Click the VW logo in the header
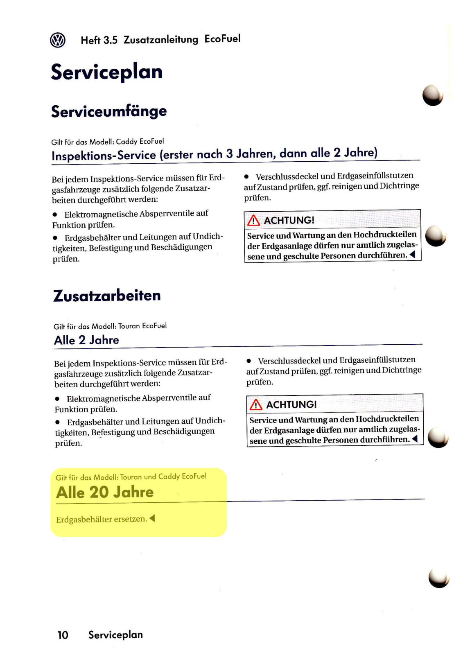(x=58, y=40)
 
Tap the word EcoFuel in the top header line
(x=222, y=39)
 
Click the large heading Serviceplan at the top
(x=106, y=72)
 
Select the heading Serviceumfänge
(x=109, y=111)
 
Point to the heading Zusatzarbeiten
(x=107, y=296)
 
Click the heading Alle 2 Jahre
(x=86, y=340)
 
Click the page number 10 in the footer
(x=63, y=635)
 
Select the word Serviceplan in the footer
(x=115, y=635)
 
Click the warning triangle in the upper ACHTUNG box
(x=254, y=221)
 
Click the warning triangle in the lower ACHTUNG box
(x=256, y=405)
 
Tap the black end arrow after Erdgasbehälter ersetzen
(x=152, y=519)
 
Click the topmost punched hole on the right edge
(x=433, y=95)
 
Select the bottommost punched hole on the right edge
(x=439, y=577)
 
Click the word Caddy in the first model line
(x=126, y=142)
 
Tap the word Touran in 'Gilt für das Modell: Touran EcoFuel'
(x=129, y=326)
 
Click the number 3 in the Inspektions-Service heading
(x=230, y=154)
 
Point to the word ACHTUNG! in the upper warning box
(x=289, y=220)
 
